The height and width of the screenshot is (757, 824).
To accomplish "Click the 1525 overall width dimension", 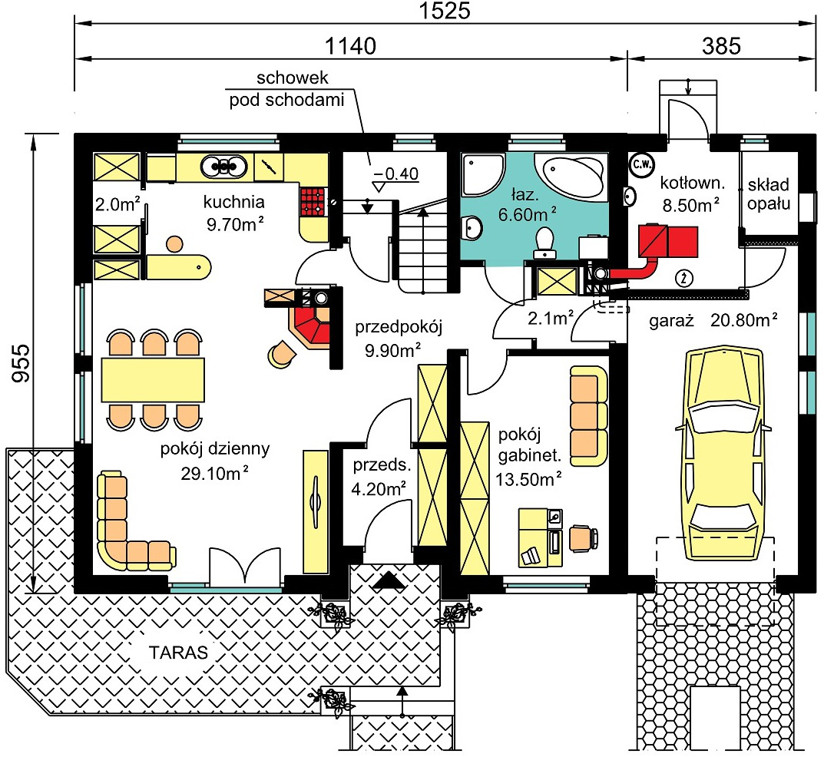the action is click(x=444, y=11).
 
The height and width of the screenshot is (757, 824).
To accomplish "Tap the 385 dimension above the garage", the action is click(x=721, y=46).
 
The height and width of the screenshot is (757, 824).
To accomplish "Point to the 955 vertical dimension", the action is click(x=22, y=362).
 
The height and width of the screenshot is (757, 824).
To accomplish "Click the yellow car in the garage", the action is click(x=725, y=455).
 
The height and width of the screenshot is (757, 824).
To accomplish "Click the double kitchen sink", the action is click(x=224, y=167).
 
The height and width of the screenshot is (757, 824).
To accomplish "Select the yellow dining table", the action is click(x=152, y=379).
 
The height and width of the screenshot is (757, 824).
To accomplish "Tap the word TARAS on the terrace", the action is click(x=179, y=653).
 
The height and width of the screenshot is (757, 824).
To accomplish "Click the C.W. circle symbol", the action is click(x=642, y=164).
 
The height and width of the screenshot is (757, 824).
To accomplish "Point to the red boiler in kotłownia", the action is click(x=668, y=242).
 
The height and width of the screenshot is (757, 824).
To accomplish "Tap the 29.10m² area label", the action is click(x=214, y=473).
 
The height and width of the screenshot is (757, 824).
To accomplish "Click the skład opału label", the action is click(x=768, y=193).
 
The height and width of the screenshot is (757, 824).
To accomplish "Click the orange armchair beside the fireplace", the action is click(x=283, y=353).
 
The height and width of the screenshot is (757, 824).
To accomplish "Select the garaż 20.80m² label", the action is click(x=713, y=320).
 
